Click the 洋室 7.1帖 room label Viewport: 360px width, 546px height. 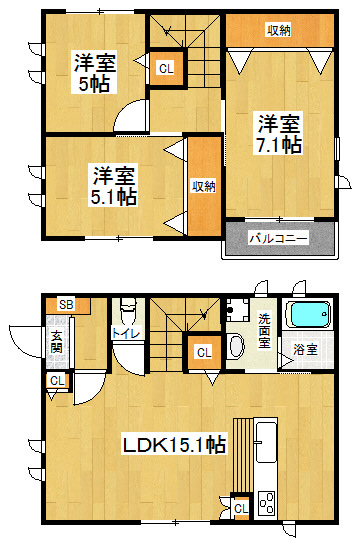coord(279,133)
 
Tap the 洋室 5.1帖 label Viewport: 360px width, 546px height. coord(114,186)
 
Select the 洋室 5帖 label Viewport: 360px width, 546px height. coord(94,72)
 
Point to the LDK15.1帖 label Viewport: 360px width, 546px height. coord(174,444)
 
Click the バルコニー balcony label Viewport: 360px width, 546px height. coord(279,239)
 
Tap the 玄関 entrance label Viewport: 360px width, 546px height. coord(56,342)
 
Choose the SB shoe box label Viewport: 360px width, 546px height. coord(66,304)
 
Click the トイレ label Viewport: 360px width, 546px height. coord(126,333)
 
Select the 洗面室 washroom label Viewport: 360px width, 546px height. coord(264,331)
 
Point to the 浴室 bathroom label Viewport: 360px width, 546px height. coord(305,349)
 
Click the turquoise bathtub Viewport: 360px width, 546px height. coord(308,314)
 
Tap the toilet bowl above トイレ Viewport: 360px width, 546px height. coord(127,310)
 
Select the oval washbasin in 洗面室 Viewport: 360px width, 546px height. coord(237,346)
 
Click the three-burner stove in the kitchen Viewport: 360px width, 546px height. coord(266,503)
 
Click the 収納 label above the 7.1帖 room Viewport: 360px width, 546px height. coord(279,31)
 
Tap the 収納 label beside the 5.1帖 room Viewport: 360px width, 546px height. coord(204,186)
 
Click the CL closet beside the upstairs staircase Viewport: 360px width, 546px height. coord(166,68)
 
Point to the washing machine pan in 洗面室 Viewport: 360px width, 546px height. coord(237,309)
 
